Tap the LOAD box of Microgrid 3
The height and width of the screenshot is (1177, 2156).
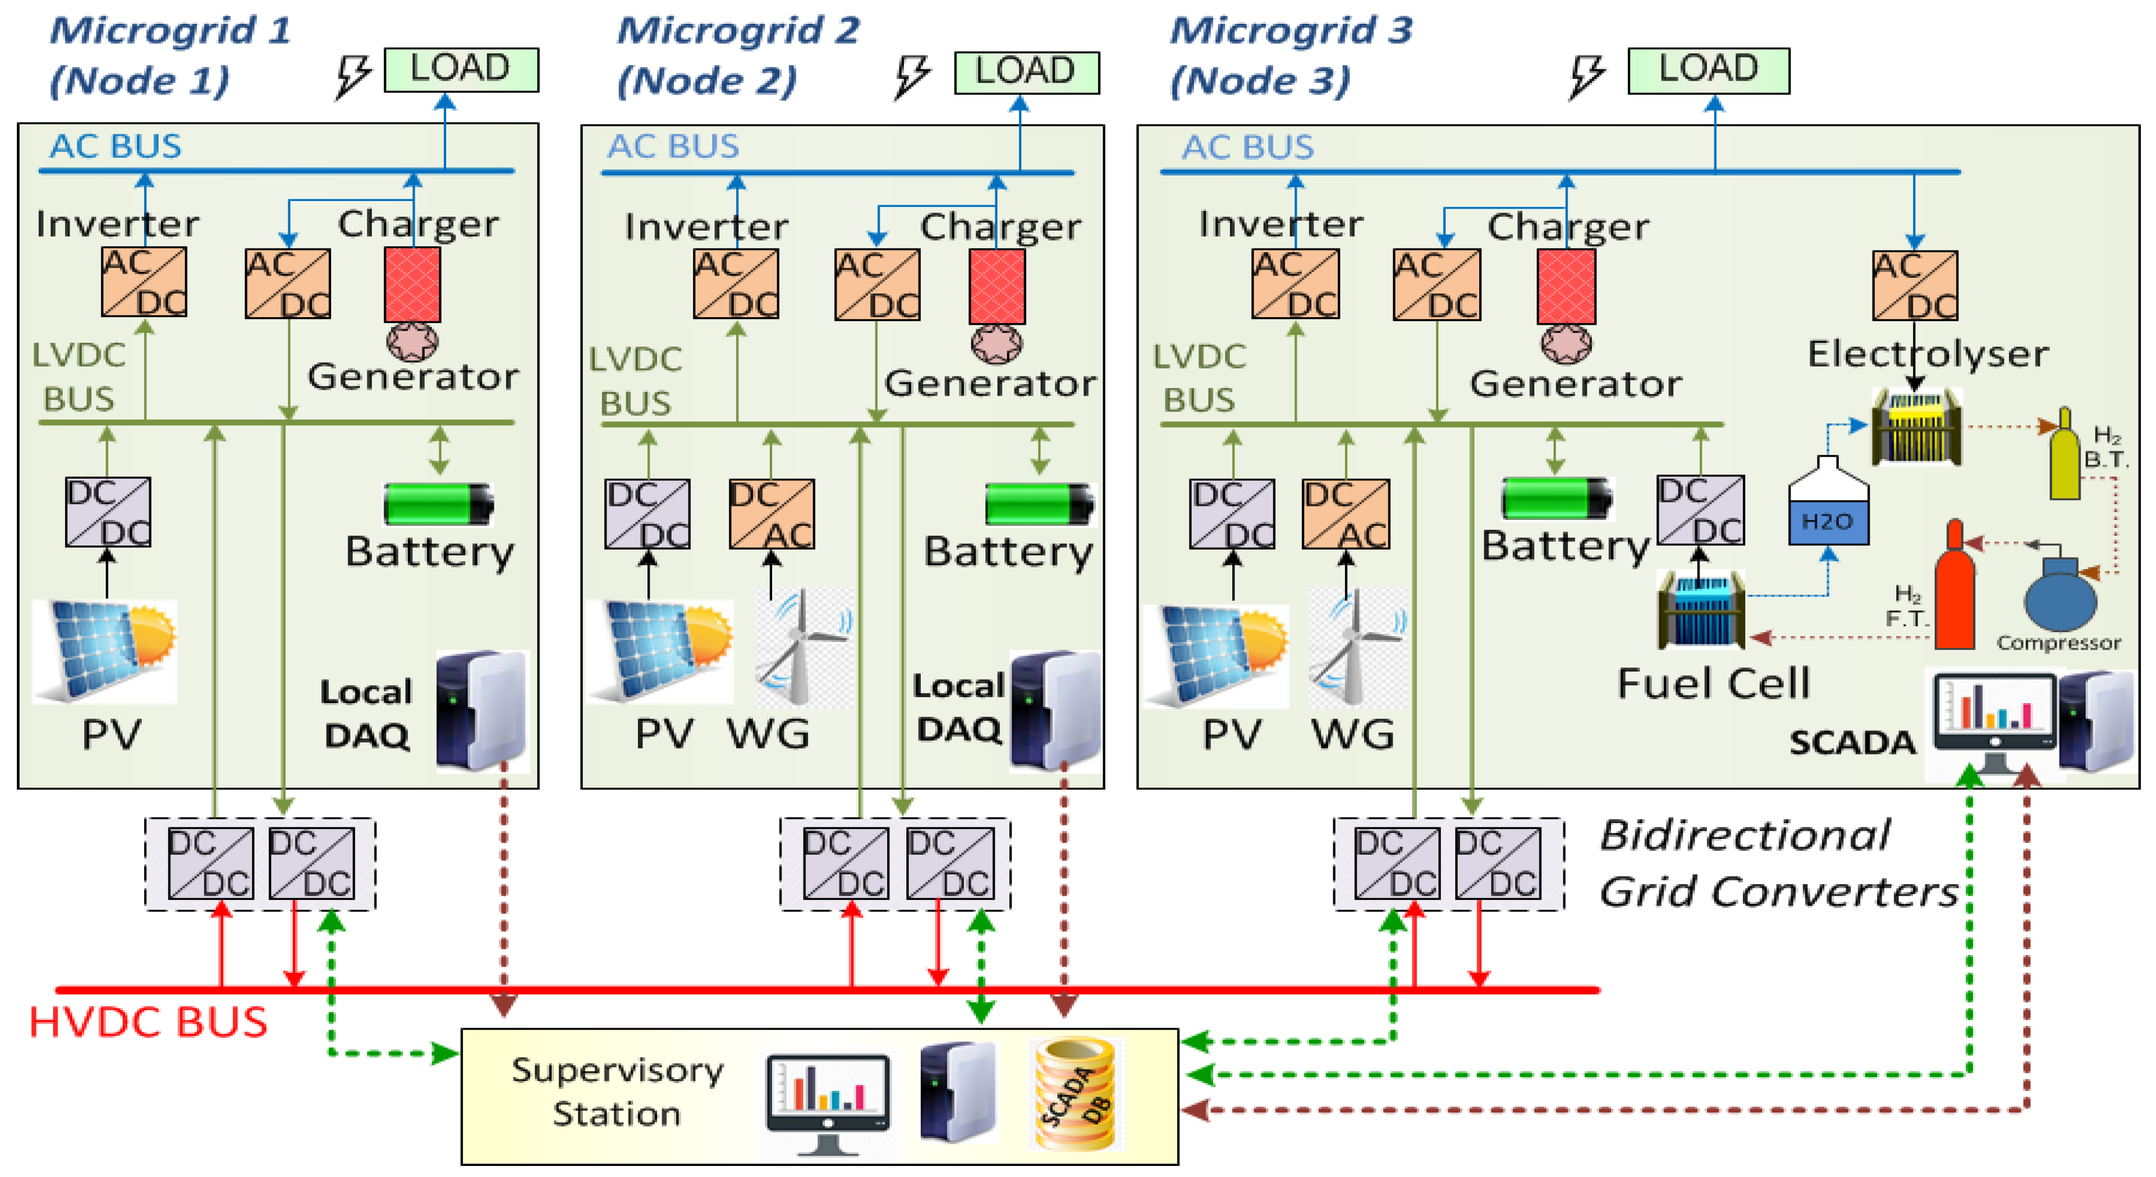[1708, 70]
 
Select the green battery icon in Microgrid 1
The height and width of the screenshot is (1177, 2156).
[437, 504]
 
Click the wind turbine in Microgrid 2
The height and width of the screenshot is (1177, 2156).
[802, 646]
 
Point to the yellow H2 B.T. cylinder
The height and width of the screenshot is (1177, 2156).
[2064, 456]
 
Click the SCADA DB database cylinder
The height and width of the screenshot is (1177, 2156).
[1075, 1093]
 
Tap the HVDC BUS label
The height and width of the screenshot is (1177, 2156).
[148, 1023]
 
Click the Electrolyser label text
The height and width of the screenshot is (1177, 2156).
[1928, 354]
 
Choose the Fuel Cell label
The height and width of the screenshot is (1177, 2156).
[1713, 683]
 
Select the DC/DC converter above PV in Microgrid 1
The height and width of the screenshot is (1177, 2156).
[108, 511]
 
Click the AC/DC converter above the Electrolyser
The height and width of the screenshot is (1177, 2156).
[1914, 285]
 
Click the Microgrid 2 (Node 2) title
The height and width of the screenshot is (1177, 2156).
[737, 55]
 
